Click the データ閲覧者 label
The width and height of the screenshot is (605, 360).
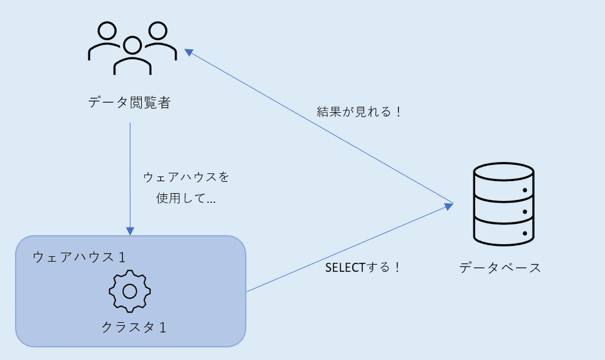pos(129,103)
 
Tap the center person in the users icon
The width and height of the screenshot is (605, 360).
pos(132,56)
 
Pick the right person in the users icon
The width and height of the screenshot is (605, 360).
pos(158,41)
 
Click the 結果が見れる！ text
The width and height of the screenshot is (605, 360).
pos(359,112)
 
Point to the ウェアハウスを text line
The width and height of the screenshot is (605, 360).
pos(187,177)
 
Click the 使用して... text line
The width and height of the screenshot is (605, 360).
pos(186,199)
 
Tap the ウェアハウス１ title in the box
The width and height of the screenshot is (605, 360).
pos(79,257)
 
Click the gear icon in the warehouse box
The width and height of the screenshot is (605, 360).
pos(130,291)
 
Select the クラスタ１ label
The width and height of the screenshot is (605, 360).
pos(134,327)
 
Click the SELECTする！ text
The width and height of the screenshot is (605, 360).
pos(363,267)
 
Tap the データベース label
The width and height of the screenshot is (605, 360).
pos(500,267)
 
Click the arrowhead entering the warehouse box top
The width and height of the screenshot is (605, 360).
pos(130,231)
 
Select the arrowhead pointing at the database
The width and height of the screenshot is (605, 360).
pos(449,204)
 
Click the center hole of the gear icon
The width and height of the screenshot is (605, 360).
pos(130,291)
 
